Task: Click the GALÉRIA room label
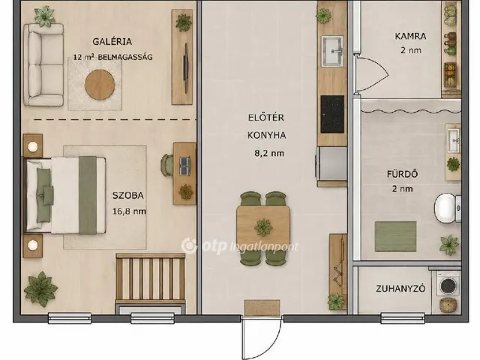[112, 41]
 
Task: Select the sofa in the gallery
[43, 64]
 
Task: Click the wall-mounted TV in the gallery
[185, 67]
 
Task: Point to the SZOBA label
[128, 195]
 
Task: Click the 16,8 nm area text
[129, 211]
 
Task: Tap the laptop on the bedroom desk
[184, 166]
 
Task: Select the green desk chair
[167, 165]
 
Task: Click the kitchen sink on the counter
[332, 51]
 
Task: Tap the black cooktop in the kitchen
[332, 114]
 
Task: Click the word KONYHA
[266, 135]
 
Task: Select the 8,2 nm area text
[269, 153]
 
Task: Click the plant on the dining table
[263, 227]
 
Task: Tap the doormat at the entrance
[262, 307]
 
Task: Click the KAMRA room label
[410, 36]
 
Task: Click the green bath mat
[395, 236]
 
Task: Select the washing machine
[448, 283]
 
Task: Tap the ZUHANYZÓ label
[400, 288]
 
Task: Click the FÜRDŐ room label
[402, 174]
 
